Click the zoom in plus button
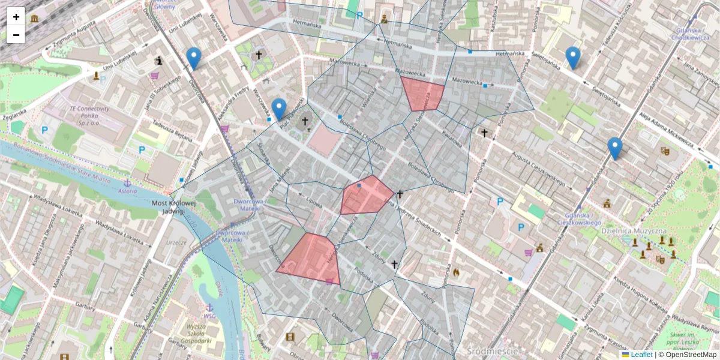coord(16,17)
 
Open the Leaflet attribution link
coord(641,355)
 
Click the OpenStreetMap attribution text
coord(691,355)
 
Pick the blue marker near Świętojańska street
coord(573,58)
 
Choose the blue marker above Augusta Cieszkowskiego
coord(614,148)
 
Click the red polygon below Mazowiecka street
coord(422,93)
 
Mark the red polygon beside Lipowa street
coord(365,196)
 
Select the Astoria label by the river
coord(127,191)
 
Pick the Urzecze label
coord(177,242)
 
